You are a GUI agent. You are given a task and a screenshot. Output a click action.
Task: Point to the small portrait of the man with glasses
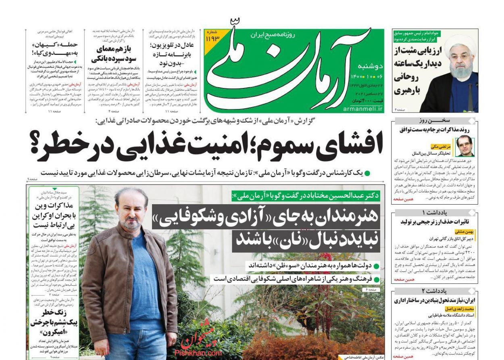click(464, 146)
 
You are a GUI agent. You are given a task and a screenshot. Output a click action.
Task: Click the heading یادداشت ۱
click(434, 212)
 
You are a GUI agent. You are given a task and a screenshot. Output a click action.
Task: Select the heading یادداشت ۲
click(434, 291)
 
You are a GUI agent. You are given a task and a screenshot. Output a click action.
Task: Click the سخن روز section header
click(434, 121)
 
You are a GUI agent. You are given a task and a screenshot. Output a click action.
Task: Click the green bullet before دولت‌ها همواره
click(376, 266)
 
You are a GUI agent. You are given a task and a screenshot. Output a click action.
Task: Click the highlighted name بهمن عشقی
click(466, 232)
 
